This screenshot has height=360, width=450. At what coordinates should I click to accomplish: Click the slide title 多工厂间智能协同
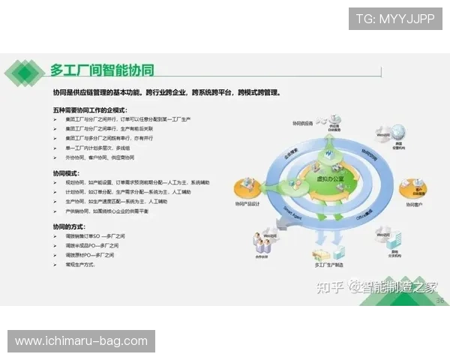(x=102, y=71)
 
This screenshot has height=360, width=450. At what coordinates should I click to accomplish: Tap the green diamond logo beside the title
(x=25, y=72)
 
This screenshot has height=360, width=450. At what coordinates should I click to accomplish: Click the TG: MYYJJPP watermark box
(x=394, y=18)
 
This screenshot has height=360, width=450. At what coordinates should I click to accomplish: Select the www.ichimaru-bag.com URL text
(x=81, y=341)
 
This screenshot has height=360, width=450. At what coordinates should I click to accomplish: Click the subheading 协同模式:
(x=68, y=172)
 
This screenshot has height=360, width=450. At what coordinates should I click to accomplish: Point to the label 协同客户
(x=415, y=204)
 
